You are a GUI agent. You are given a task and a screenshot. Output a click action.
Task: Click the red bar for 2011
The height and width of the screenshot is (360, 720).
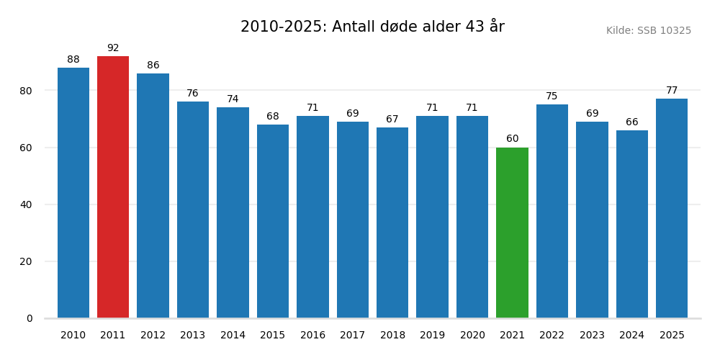(x=113, y=187)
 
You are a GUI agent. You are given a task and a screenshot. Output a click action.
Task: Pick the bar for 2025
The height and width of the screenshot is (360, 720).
(x=672, y=208)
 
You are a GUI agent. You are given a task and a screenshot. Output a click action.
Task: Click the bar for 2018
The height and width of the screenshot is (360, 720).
(x=392, y=222)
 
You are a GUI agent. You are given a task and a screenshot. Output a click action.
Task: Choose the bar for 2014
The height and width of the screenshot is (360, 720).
(x=233, y=212)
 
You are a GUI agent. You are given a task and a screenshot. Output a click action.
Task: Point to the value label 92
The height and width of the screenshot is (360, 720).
(x=113, y=48)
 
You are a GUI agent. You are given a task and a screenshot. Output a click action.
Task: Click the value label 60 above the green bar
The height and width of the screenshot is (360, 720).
(x=512, y=139)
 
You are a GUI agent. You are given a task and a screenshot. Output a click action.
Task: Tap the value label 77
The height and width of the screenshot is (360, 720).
(x=672, y=91)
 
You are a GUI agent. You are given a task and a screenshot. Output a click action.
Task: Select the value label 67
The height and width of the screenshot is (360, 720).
(x=392, y=120)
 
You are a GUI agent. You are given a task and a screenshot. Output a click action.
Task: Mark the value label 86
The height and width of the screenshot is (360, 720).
(x=153, y=66)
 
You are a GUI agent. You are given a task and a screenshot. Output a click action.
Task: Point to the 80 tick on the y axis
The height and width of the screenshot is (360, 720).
(x=26, y=91)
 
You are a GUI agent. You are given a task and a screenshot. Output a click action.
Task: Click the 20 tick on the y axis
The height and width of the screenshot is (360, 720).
(x=26, y=261)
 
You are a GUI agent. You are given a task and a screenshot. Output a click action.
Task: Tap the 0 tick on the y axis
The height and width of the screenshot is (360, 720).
(x=30, y=318)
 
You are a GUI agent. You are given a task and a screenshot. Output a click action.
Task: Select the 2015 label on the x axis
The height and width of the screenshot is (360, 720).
(x=273, y=336)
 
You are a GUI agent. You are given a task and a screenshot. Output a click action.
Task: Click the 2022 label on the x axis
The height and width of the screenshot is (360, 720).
(x=552, y=336)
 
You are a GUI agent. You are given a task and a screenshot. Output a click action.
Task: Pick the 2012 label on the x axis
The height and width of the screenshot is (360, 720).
(x=153, y=336)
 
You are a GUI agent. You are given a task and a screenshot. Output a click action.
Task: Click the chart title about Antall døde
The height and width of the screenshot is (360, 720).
(x=372, y=27)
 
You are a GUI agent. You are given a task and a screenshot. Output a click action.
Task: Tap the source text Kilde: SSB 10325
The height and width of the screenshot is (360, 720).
(x=648, y=31)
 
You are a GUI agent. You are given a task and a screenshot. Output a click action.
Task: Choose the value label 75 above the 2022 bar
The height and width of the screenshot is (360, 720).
(x=552, y=96)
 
